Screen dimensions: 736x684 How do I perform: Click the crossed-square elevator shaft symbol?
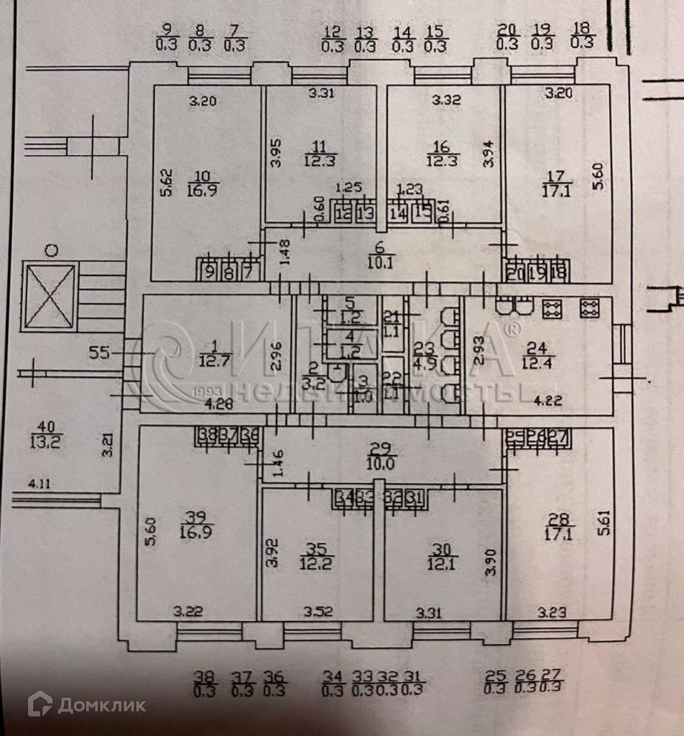[x=50, y=297]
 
